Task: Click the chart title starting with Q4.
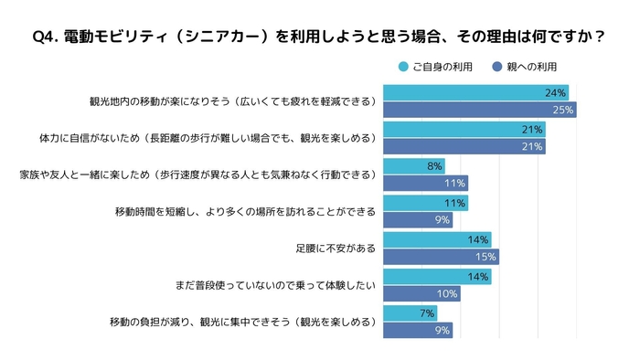(319, 37)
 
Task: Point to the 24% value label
(555, 93)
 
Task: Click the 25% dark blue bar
(480, 110)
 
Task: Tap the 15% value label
(485, 257)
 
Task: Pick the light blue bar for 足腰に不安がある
(437, 239)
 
